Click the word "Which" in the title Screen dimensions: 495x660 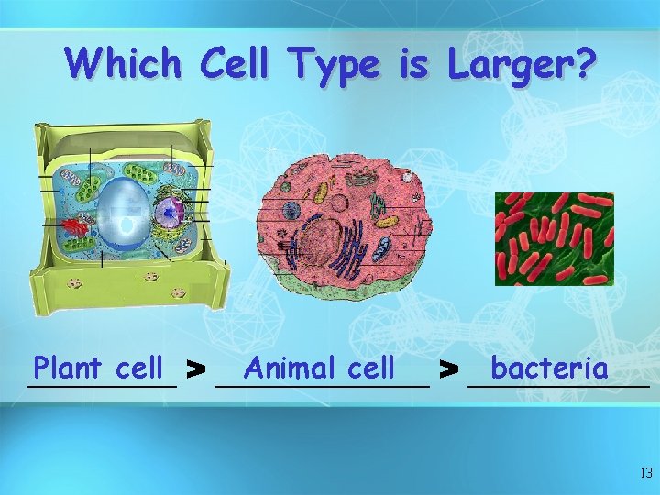pos(123,64)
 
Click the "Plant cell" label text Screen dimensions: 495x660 pos(97,368)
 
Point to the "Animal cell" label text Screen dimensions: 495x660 pos(319,368)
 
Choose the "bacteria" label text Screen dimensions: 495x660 pos(548,368)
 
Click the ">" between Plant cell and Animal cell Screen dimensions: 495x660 pos(194,370)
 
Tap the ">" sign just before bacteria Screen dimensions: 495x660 pos(448,370)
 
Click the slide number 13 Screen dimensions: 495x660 pos(645,474)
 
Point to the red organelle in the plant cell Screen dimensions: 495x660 pos(76,222)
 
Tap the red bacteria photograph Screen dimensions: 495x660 pos(554,238)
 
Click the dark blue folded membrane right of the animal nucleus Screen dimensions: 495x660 pos(348,252)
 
